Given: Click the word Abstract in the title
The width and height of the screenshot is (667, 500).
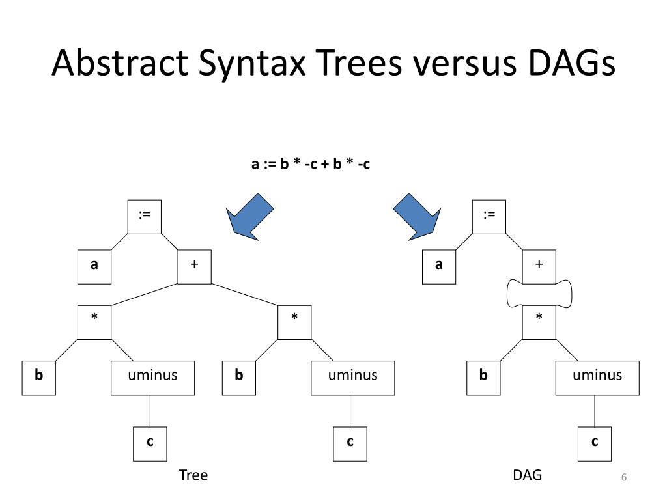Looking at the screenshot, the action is coord(120,62).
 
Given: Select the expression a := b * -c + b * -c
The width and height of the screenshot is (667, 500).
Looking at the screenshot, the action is coord(311,163).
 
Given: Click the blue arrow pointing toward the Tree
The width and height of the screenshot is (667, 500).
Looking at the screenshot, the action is coord(249,216).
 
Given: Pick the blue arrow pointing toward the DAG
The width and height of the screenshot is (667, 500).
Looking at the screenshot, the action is coord(418,216).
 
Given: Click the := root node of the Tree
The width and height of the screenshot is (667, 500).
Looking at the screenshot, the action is coord(145,217).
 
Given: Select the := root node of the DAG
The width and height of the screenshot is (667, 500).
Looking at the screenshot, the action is coord(489,217).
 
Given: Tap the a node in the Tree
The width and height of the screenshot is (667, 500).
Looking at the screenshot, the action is coord(94,267).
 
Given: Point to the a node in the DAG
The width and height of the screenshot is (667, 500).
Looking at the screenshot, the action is coord(439,267).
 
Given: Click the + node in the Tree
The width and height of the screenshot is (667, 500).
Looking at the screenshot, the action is coord(194,267).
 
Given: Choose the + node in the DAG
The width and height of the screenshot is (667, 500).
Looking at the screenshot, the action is coord(539,267).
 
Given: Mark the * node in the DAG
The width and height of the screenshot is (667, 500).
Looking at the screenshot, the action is coord(539,322).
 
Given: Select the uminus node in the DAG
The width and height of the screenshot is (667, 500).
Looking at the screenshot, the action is coord(597,378).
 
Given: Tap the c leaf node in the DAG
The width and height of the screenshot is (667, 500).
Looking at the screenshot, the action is coord(595,444).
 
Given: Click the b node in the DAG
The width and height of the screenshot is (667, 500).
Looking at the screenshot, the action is coord(483,378).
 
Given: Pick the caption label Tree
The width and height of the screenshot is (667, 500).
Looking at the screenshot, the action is coord(193,475).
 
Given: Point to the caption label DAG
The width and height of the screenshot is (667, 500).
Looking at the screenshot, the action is coord(528,475).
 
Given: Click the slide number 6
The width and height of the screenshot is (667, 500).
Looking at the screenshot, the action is coord(624,477).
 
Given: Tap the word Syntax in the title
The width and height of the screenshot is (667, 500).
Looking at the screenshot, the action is coord(252,64).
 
